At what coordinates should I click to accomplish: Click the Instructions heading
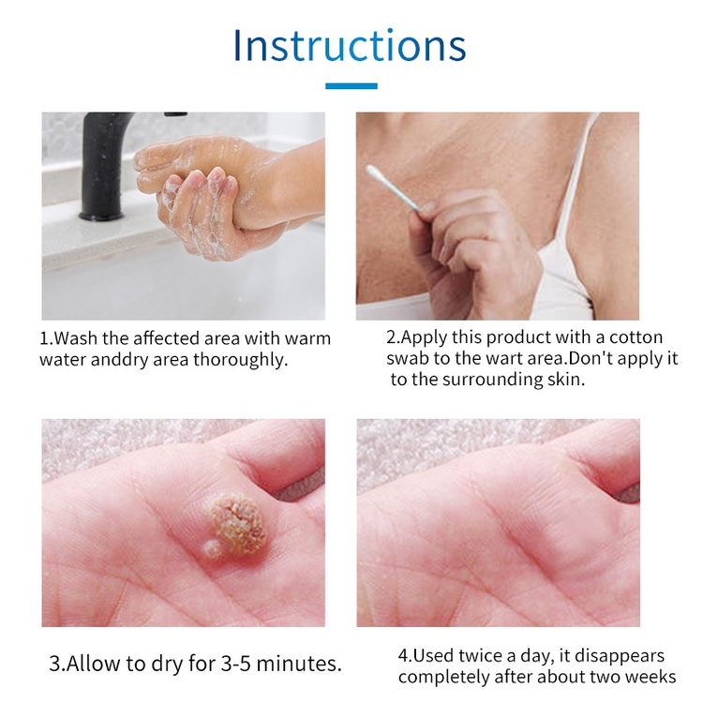[x=350, y=46]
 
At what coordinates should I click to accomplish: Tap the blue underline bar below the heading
[x=351, y=86]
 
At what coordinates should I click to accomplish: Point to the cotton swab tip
[x=375, y=172]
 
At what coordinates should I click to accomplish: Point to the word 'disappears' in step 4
[x=620, y=657]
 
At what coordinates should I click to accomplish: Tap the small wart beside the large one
[x=212, y=548]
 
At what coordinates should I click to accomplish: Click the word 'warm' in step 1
[x=307, y=338]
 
